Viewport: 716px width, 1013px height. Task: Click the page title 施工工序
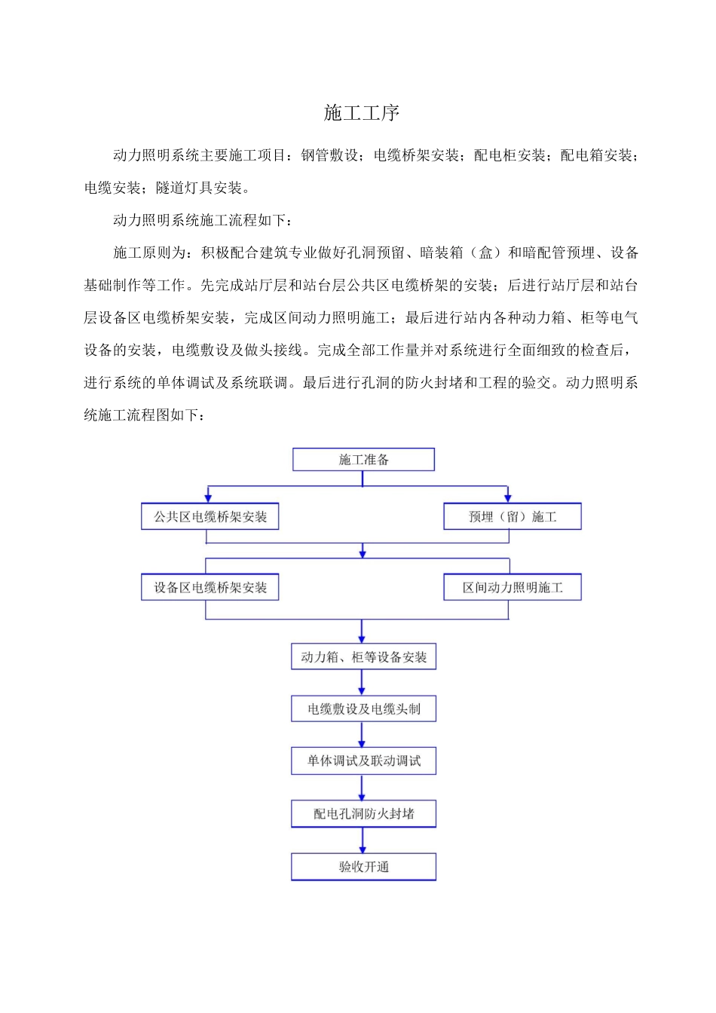(x=362, y=113)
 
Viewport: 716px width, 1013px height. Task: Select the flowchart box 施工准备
(x=363, y=460)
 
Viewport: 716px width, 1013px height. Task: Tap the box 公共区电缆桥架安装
(x=210, y=517)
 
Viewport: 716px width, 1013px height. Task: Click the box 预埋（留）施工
(x=513, y=517)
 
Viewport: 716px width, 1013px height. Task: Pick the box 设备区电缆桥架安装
(x=210, y=588)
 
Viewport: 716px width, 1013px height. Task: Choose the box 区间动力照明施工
(x=513, y=588)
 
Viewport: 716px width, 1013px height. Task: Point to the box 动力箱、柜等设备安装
(x=363, y=657)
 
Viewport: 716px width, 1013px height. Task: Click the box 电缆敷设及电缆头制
(x=363, y=709)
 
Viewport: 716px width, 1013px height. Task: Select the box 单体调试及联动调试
(x=363, y=761)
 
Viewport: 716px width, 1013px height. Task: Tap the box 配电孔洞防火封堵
(x=363, y=814)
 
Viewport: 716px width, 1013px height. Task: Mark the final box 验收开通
(x=363, y=867)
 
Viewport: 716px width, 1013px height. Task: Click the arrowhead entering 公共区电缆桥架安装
(x=208, y=497)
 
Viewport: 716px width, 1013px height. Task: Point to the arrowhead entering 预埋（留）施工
(x=508, y=497)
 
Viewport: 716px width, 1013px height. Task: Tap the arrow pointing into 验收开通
(x=363, y=847)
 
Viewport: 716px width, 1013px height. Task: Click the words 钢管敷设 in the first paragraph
(x=329, y=155)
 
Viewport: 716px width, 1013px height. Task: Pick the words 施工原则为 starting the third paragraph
(x=149, y=252)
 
